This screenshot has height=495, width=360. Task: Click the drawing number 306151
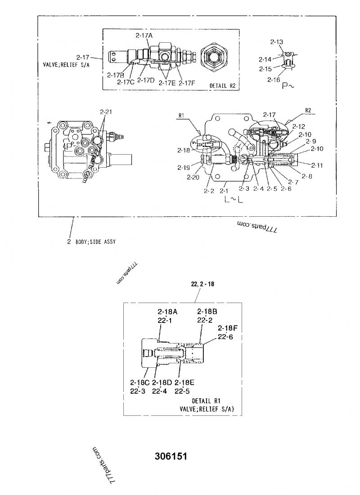tap(171, 456)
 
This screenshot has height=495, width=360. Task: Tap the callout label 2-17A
tap(144, 35)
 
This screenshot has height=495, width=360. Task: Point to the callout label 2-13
tap(276, 42)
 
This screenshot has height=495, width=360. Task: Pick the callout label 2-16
tap(274, 79)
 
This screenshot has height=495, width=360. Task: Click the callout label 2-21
tap(105, 111)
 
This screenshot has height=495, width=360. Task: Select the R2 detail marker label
tap(308, 110)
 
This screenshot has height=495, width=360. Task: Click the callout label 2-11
tap(317, 165)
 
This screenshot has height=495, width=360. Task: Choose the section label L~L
tap(234, 201)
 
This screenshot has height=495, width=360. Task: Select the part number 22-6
tap(225, 337)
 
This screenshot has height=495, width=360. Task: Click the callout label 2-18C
tap(139, 382)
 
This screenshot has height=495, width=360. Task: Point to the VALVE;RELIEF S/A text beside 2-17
tap(62, 64)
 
